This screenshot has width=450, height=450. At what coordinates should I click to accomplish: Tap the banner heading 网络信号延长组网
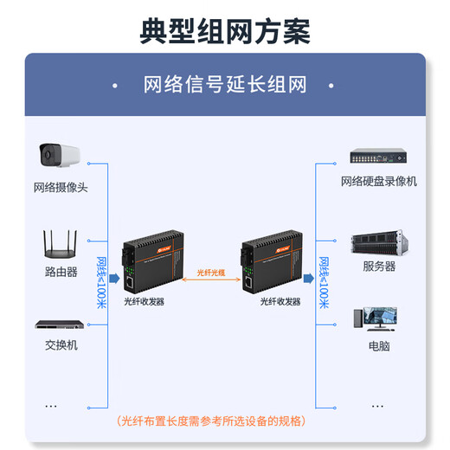[225, 85]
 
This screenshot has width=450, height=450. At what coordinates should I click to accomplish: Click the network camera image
[61, 157]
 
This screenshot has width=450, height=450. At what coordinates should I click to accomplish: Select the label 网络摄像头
[61, 187]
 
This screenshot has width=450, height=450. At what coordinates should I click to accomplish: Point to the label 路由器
[61, 271]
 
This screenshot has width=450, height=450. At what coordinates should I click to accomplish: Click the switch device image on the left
[61, 325]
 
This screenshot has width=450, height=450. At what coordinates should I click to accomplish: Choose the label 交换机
[61, 344]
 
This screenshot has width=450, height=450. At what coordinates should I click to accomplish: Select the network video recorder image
[378, 157]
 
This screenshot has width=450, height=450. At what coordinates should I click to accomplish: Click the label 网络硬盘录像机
[378, 181]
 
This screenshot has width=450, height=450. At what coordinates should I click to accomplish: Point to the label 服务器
[378, 267]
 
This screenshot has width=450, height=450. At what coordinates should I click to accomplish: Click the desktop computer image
[378, 319]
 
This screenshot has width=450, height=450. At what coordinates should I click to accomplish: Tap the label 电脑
[378, 345]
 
